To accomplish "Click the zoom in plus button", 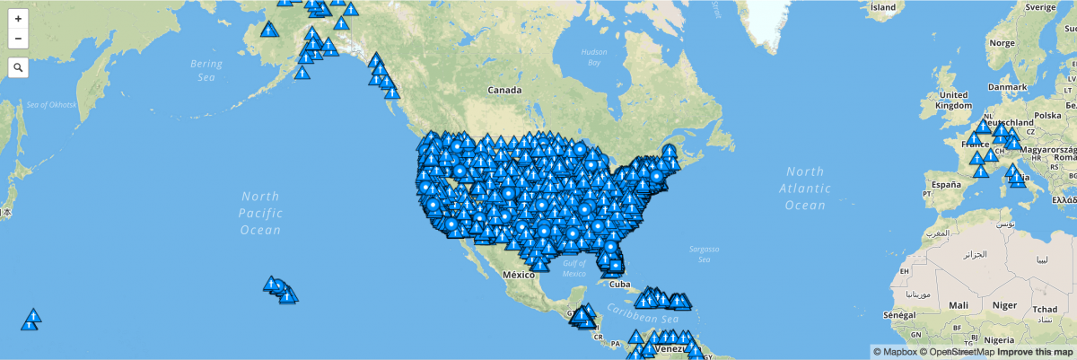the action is (x=18, y=18).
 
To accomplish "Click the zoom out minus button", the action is (x=18, y=39).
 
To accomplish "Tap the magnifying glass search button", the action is (x=18, y=67).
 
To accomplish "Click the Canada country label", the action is (x=504, y=91).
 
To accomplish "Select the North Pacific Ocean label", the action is (x=260, y=213).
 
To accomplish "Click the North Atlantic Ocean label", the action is (x=804, y=188).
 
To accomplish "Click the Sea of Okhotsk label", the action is (x=52, y=105).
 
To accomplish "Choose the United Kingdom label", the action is (x=953, y=100).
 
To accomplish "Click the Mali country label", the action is (x=958, y=304).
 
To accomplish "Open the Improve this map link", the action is (x=1033, y=352).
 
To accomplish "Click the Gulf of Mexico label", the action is (x=574, y=268).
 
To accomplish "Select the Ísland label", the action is (x=883, y=6).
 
